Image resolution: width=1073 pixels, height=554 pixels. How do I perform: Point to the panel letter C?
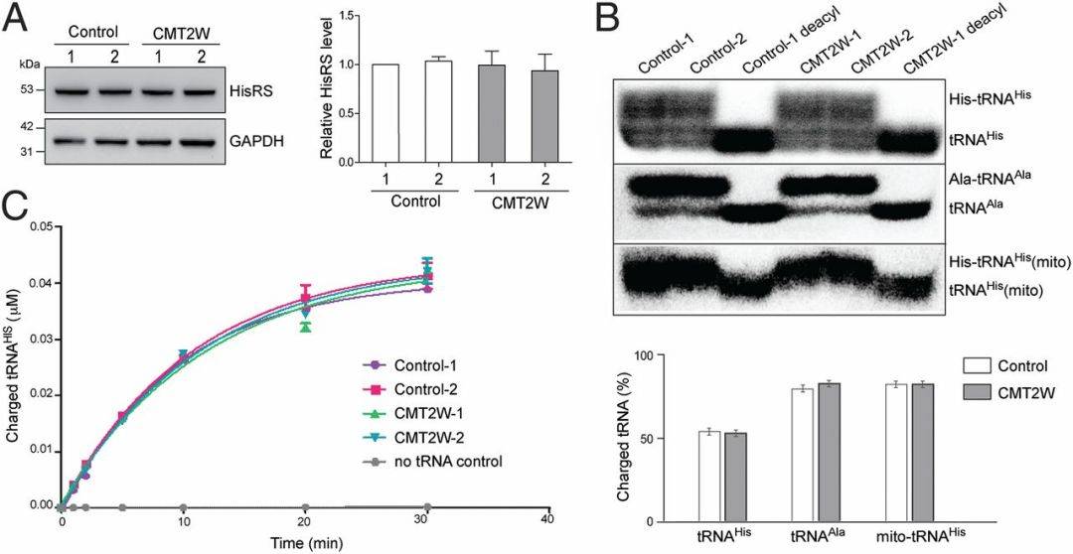[16, 209]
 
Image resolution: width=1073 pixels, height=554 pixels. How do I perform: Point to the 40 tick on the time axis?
[547, 520]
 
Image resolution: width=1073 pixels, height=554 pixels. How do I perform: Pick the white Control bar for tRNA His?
[709, 476]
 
